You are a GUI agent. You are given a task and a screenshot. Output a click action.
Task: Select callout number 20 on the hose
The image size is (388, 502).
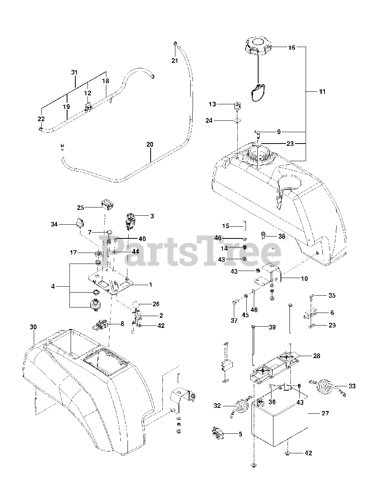tap(150, 144)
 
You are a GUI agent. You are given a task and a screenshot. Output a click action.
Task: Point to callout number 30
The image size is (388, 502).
tap(33, 327)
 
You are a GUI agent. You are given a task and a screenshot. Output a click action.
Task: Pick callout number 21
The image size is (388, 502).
tap(175, 60)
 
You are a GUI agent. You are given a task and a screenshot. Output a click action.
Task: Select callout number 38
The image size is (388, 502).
tap(282, 236)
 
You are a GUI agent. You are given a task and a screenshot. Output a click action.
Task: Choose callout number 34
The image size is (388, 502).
tap(54, 224)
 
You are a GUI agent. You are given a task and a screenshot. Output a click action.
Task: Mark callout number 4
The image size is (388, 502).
tap(53, 287)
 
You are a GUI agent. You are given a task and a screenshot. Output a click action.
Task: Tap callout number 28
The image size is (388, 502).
tap(316, 356)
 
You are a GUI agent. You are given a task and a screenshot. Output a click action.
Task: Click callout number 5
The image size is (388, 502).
tap(240, 434)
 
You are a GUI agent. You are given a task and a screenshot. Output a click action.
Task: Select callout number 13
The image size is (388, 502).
tap(212, 104)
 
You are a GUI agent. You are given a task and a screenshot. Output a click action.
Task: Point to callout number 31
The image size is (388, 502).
tap(75, 72)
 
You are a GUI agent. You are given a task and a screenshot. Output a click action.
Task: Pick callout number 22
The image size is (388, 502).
tap(41, 119)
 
